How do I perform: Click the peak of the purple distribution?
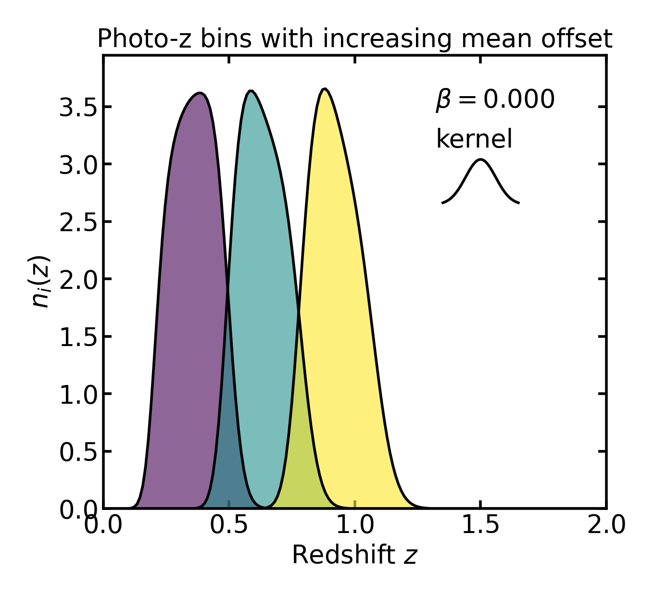pos(200,94)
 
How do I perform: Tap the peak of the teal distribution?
pos(251,92)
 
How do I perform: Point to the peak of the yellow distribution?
pos(325,90)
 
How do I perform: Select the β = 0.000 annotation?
pos(495,100)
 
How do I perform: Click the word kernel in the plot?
pos(474,139)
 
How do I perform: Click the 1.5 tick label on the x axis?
pos(480,525)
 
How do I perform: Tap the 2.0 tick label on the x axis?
pos(606,525)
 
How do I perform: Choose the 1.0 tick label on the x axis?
pos(355,525)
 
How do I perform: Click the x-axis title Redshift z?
pos(354,555)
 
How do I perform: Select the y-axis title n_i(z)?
pos(40,282)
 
